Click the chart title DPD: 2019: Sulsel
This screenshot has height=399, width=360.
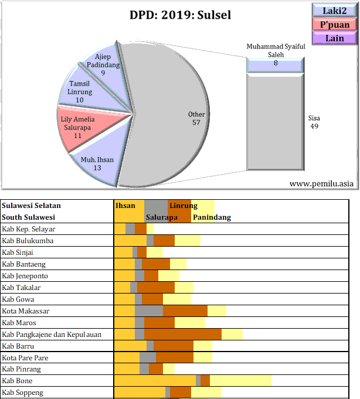coord(179,15)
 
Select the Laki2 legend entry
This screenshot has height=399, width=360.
coord(335,11)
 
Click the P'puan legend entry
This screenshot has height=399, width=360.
coord(335,25)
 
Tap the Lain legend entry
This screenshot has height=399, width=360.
coord(335,38)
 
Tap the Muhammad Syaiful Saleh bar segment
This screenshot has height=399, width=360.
coord(275,65)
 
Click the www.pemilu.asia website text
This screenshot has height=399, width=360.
coord(322,183)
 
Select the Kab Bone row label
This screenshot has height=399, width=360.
coord(19,381)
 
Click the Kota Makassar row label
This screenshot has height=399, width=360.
coord(26,311)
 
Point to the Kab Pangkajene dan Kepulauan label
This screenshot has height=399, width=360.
coord(52,334)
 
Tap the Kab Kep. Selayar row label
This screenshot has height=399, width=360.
coord(29,229)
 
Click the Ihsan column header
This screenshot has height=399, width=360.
coord(125,206)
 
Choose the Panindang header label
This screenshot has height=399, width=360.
coord(212,217)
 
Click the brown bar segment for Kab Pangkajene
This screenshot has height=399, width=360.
coord(182,334)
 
